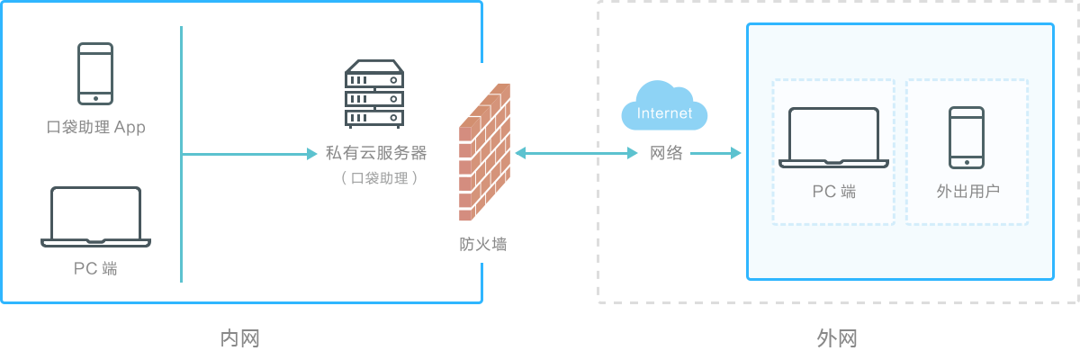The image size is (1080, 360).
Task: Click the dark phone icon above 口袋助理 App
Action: [x=94, y=73]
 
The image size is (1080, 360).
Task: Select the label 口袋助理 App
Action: [x=95, y=127]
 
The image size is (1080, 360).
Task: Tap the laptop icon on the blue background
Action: [x=95, y=217]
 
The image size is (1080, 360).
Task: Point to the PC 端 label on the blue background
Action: [x=95, y=268]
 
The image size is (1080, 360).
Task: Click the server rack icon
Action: [x=374, y=94]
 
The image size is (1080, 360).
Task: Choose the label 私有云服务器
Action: [x=376, y=153]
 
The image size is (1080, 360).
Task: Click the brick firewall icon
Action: [x=484, y=152]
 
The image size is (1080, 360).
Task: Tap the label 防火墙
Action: [x=483, y=244]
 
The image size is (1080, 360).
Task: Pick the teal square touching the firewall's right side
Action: [x=519, y=153]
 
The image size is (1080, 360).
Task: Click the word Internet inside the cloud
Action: [x=665, y=113]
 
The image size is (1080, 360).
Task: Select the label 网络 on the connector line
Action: [x=666, y=153]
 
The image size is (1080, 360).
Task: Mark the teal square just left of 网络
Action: [x=633, y=153]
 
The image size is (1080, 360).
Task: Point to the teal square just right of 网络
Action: [x=735, y=153]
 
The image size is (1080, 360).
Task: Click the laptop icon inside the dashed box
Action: [x=833, y=138]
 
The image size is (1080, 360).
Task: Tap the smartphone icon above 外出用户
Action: [x=967, y=138]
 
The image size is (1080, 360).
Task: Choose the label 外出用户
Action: [x=967, y=192]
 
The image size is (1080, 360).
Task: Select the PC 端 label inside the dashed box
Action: [x=833, y=192]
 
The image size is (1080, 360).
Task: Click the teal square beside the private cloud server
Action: [x=311, y=153]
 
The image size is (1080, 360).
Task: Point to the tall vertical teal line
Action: [x=181, y=153]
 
